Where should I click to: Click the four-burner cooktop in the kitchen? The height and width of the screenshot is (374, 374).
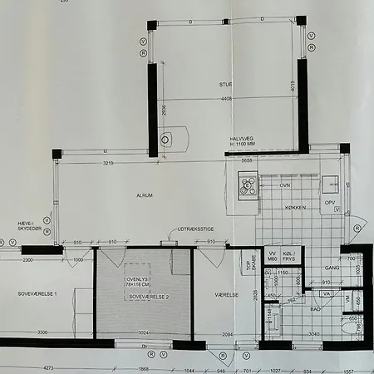[x=249, y=185]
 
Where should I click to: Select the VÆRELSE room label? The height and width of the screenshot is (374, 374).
[x=226, y=295]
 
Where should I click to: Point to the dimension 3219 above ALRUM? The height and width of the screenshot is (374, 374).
[x=102, y=164]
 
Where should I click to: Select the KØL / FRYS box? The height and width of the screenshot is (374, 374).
[x=289, y=256]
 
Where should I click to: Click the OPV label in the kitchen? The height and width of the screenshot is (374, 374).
[x=330, y=202]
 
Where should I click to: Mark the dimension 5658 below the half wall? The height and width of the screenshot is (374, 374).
[x=247, y=159]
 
